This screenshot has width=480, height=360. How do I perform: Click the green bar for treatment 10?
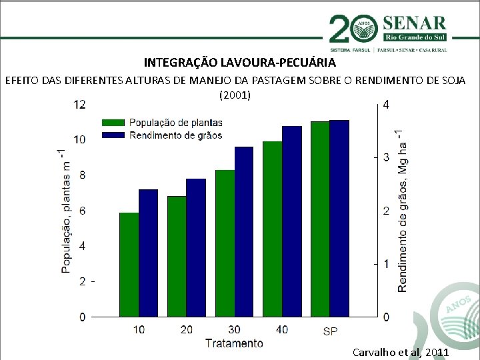point(129,265)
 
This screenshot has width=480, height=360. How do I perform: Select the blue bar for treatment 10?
point(148,253)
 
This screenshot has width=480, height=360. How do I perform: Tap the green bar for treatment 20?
point(177,256)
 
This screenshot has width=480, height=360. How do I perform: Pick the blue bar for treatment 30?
point(244,231)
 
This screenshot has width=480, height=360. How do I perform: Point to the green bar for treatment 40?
point(272,229)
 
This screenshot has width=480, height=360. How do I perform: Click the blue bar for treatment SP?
point(339,218)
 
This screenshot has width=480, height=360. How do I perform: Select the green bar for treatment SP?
point(320,219)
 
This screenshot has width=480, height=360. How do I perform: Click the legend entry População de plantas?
point(175,123)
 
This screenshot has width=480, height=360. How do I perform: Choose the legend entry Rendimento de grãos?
point(175,135)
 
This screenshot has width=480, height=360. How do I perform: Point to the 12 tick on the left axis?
point(79,104)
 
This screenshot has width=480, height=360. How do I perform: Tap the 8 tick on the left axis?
point(82,175)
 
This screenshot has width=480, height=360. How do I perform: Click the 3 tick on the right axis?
point(386,157)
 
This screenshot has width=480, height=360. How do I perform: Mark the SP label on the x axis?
point(330,331)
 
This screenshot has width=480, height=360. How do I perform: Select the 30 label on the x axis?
point(234,330)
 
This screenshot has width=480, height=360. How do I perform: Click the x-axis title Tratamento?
point(234,344)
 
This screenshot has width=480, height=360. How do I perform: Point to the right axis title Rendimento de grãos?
point(403,210)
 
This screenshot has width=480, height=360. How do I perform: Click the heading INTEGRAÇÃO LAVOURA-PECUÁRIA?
point(240,63)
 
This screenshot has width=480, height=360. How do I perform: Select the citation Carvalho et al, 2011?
point(400,352)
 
